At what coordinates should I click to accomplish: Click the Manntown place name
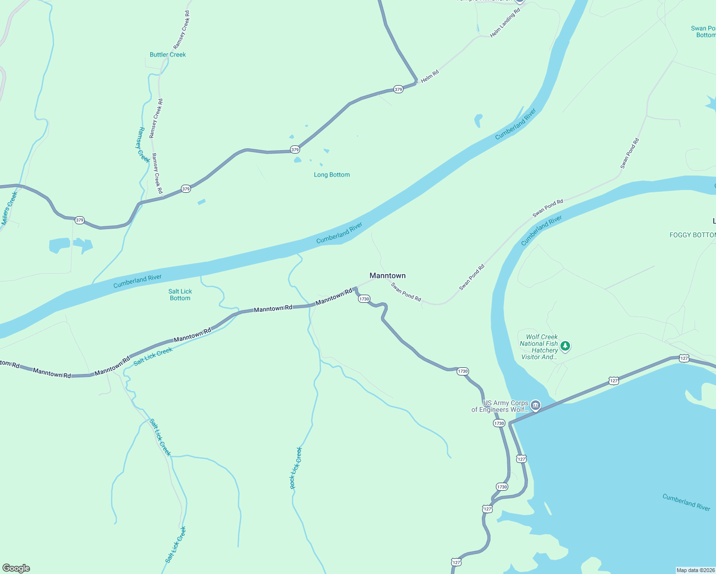pos(387,276)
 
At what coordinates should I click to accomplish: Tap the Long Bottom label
pos(332,175)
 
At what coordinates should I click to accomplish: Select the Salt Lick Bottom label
pos(180,295)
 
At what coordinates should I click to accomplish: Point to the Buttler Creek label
pos(168,55)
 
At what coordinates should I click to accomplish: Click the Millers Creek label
pos(9,208)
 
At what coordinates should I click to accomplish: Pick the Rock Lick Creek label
pos(296,468)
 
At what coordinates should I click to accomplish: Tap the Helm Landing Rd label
pos(505,23)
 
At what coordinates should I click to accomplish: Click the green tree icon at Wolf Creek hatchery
pos(565,346)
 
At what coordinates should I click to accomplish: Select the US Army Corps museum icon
pos(536,406)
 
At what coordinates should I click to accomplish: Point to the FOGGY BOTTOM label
pos(692,235)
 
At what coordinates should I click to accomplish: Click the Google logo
pos(16,568)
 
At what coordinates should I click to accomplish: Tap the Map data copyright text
pos(695,570)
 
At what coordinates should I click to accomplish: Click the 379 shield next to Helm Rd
pos(398,89)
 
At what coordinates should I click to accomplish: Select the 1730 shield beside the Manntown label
pos(364,299)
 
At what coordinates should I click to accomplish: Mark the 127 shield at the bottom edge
pos(456,563)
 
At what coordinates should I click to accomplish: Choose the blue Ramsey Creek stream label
pos(141,144)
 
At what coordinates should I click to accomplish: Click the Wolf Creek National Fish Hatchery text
pos(539,347)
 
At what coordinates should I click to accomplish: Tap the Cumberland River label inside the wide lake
pos(686,502)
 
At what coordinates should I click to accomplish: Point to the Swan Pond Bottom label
pos(704,32)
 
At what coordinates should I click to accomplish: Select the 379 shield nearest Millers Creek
pos(79,221)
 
